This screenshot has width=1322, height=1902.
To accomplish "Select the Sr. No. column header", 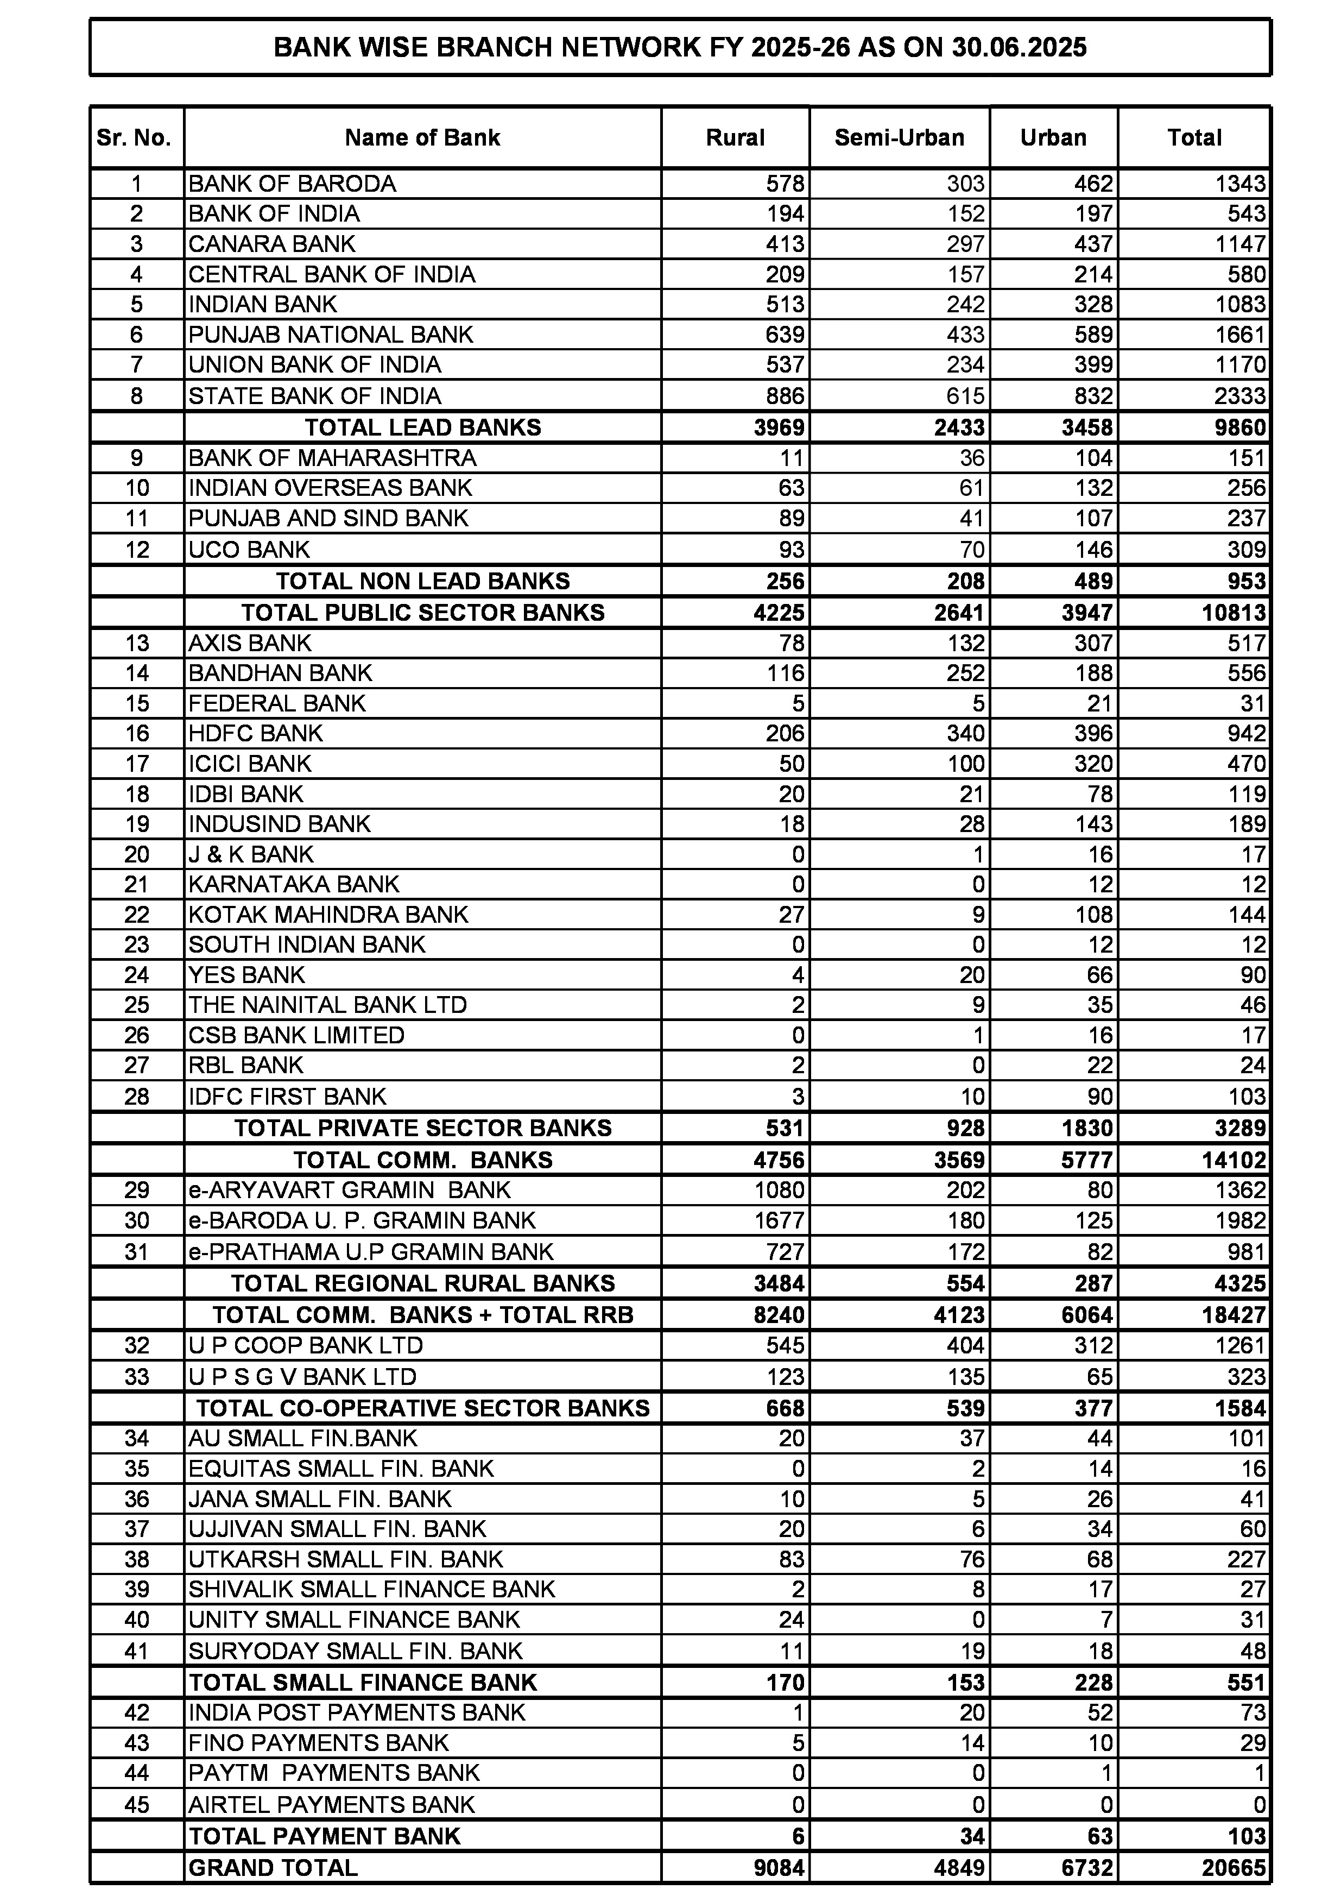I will [134, 137].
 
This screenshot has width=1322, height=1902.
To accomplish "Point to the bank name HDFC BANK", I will [256, 733].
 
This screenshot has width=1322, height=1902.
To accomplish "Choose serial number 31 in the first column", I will [137, 1252].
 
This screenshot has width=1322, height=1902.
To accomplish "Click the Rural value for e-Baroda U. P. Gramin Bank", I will [778, 1221].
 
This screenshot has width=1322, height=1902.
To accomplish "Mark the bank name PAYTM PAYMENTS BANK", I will [334, 1773].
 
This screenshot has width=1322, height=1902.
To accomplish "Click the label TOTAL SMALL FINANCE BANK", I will [363, 1683].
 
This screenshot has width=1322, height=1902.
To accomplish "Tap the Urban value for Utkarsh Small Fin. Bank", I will [1099, 1559].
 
